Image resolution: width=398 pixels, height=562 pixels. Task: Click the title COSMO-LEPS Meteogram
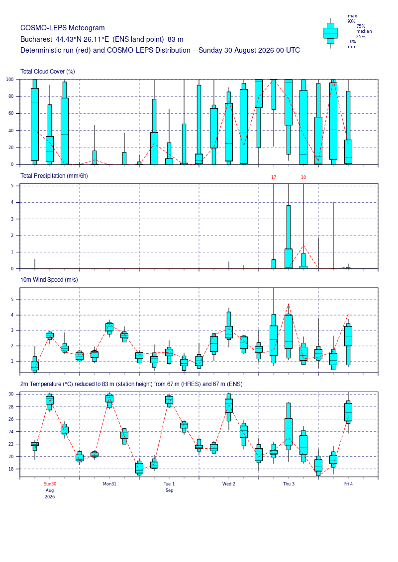click(63, 28)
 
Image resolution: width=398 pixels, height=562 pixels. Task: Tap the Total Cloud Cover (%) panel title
click(48, 72)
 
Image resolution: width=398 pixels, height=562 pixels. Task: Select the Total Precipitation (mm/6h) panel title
click(54, 176)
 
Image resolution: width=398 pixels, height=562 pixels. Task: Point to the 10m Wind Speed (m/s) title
click(49, 280)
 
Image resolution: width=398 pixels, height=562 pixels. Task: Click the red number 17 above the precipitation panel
click(274, 177)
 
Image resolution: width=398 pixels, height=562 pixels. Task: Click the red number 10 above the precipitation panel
click(303, 177)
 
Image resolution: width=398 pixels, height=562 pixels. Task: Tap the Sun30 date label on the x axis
click(50, 484)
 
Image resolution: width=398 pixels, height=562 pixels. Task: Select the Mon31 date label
click(109, 484)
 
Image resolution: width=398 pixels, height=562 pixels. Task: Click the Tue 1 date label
click(169, 484)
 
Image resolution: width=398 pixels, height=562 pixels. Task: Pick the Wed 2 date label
click(229, 484)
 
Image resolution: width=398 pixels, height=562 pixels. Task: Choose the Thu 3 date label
click(289, 484)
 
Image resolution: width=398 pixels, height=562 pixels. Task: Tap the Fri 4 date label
click(348, 484)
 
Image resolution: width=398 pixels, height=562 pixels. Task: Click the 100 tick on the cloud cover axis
click(10, 80)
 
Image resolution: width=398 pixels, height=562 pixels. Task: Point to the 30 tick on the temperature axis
click(11, 394)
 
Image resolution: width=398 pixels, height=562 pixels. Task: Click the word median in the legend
click(364, 31)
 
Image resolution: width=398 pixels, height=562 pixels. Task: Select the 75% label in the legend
click(361, 26)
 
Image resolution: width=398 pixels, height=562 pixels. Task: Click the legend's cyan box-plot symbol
click(330, 33)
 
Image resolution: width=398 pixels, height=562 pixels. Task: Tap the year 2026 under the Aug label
click(50, 497)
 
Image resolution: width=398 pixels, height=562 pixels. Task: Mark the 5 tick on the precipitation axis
click(12, 186)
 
